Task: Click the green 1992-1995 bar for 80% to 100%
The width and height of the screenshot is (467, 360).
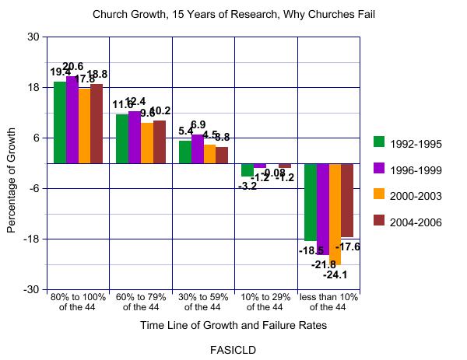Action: point(59,122)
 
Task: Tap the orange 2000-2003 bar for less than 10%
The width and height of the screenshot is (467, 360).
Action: point(335,214)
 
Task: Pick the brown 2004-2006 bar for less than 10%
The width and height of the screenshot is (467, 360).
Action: point(347,200)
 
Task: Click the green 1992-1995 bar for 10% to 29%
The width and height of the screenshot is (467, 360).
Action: point(248,170)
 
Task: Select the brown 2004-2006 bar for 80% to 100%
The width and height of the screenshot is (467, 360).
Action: point(97,124)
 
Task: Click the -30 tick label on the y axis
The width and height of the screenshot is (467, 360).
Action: point(33,289)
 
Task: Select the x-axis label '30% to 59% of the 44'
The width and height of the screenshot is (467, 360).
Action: point(202,302)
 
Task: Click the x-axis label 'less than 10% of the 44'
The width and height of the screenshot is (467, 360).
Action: point(328,302)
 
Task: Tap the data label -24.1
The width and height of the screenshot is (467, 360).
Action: point(335,274)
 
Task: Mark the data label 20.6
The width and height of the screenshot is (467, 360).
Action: point(72,66)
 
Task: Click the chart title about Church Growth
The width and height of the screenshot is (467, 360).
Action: point(233,14)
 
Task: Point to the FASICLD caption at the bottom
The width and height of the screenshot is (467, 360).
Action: point(233,349)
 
